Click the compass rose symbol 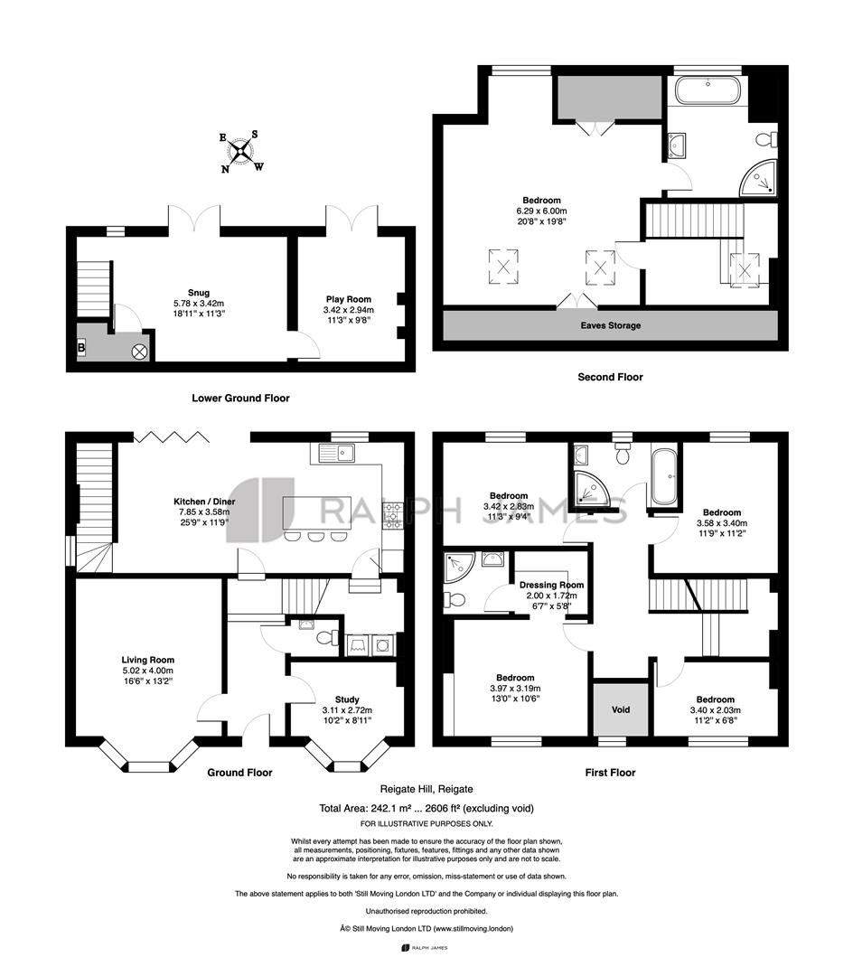pos(241,151)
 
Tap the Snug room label pos(199,293)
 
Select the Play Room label pos(349,299)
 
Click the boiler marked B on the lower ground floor pos(81,348)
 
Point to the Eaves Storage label pos(610,325)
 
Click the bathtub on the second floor pos(708,90)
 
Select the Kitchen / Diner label pos(204,502)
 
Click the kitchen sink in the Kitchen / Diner pos(337,453)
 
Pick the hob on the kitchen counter pos(392,515)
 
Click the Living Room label pos(148,660)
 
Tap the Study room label pos(347,699)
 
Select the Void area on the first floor pos(621,709)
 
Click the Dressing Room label pos(552,585)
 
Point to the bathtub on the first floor pos(666,477)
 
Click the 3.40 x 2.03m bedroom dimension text pos(716,710)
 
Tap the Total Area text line pos(426,809)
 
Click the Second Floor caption pos(610,377)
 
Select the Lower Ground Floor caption pos(240,399)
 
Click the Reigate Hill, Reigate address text pos(426,789)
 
